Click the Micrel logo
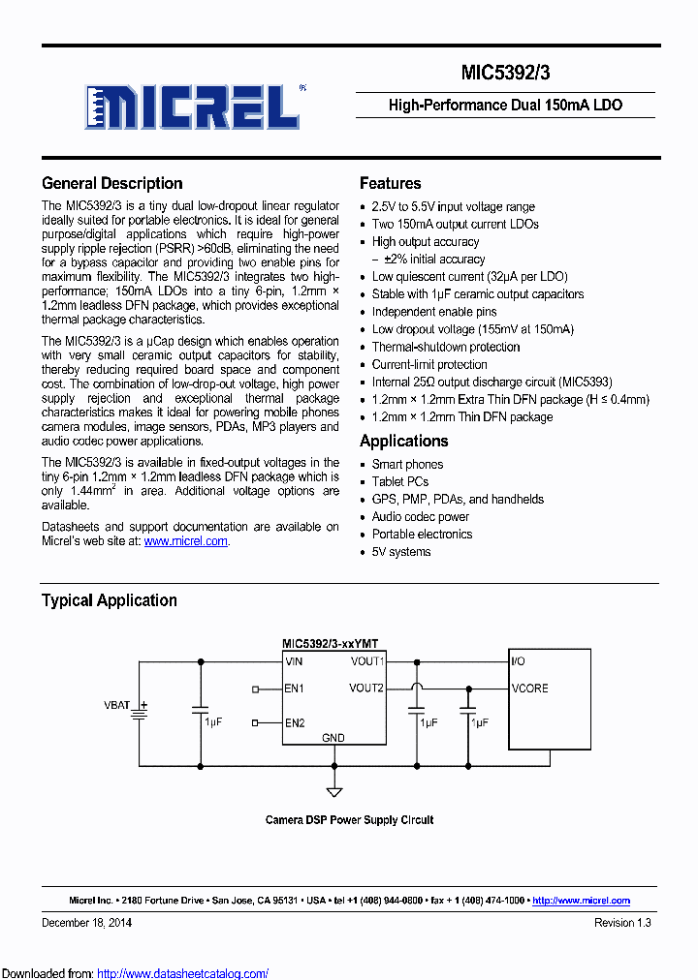click(191, 106)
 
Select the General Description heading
click(111, 183)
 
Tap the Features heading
click(390, 183)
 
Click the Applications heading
click(403, 441)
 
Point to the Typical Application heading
click(109, 600)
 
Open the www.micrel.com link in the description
click(185, 542)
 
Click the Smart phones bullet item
click(407, 464)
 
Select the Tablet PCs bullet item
click(399, 481)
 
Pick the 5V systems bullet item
click(401, 552)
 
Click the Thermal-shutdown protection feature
click(446, 347)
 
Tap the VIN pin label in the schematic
click(294, 661)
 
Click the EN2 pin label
click(295, 722)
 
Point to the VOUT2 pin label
click(366, 689)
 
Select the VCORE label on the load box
click(529, 689)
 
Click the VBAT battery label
click(117, 705)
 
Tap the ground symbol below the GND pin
click(334, 791)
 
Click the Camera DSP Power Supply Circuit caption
click(349, 820)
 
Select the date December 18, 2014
click(86, 923)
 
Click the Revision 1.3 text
click(622, 923)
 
